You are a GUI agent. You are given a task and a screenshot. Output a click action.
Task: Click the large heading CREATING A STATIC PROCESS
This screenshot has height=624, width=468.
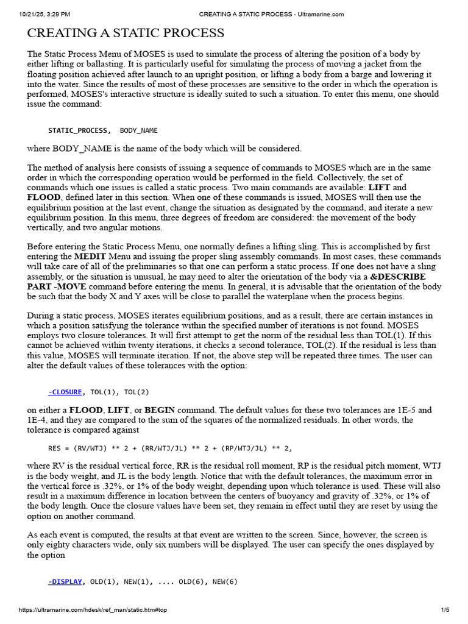(x=126, y=34)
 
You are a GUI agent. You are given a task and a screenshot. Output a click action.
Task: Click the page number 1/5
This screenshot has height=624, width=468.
(x=445, y=610)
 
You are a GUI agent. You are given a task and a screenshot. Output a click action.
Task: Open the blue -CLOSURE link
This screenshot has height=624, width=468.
(x=66, y=392)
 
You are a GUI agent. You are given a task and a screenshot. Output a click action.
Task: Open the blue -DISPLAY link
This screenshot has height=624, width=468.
(x=65, y=581)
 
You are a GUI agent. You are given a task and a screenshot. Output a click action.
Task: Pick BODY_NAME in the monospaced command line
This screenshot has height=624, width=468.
(x=139, y=130)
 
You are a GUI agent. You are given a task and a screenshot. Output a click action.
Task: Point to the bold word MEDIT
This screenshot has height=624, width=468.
(x=91, y=257)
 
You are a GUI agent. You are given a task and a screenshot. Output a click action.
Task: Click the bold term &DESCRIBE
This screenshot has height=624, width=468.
(x=397, y=277)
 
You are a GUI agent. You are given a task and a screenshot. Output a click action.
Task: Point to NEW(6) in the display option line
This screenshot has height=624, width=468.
(x=225, y=581)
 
